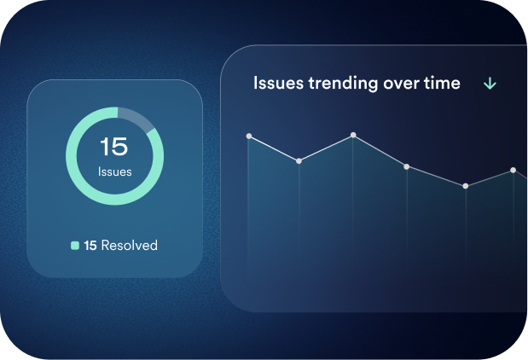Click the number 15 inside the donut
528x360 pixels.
(x=114, y=146)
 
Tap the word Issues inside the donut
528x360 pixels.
(x=115, y=171)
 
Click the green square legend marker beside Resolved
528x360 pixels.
(x=75, y=246)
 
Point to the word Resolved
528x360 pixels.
(x=130, y=245)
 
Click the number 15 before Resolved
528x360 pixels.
(x=90, y=246)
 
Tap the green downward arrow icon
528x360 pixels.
(x=490, y=84)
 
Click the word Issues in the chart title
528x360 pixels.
(x=278, y=83)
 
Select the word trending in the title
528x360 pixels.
(x=343, y=84)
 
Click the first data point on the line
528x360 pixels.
(x=249, y=136)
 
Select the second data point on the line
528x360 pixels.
(x=299, y=161)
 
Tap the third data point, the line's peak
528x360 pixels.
(x=353, y=135)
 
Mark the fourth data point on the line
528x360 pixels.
(x=406, y=166)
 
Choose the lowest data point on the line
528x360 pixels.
(x=466, y=186)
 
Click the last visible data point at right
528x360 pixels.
(x=513, y=170)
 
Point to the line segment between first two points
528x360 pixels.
(x=274, y=148)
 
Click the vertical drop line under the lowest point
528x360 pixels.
(x=466, y=229)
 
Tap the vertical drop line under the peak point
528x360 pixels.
(x=353, y=199)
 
